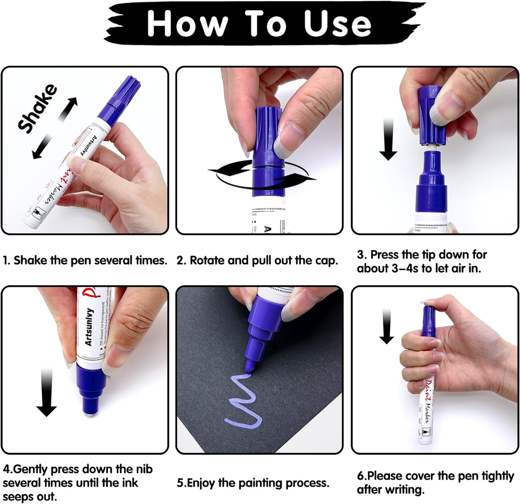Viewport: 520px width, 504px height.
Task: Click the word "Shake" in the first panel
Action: click(x=37, y=108)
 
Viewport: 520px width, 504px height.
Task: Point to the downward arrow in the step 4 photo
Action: click(x=46, y=392)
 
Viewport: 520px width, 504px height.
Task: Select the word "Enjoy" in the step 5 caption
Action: click(x=205, y=482)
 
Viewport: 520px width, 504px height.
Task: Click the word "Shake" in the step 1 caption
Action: click(x=30, y=260)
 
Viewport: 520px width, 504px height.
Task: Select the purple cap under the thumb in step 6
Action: click(x=428, y=319)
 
